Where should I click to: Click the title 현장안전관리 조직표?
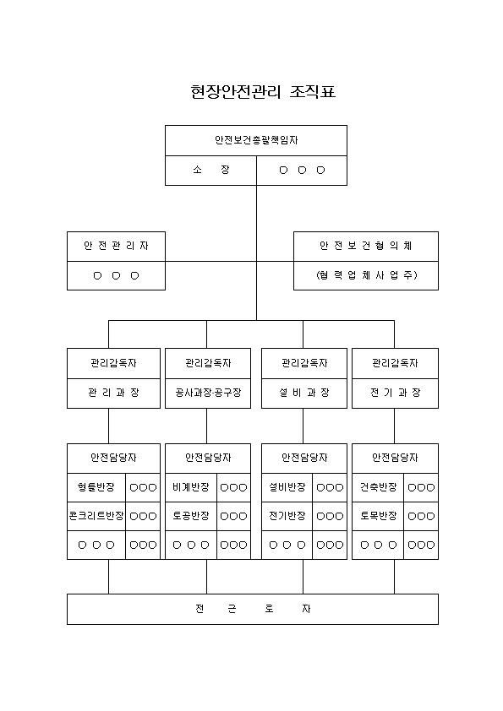tap(263, 92)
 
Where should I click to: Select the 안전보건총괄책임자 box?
tap(256, 140)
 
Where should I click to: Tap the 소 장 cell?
tap(210, 171)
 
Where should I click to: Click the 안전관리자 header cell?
tap(116, 247)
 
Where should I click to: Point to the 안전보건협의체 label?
tap(366, 246)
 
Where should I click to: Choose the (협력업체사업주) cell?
tap(366, 275)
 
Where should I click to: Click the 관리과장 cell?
tap(113, 393)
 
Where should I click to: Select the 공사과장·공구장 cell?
tap(208, 393)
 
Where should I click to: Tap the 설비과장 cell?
tap(304, 393)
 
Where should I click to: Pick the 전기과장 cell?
tap(395, 393)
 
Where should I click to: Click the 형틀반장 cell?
tap(96, 487)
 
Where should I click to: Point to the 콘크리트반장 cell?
tap(96, 516)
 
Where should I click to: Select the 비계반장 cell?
tap(191, 487)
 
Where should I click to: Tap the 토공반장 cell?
tap(191, 516)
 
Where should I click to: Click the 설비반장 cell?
tap(287, 487)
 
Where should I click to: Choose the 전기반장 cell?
tap(287, 516)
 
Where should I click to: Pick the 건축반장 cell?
tap(378, 487)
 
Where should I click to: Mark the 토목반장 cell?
tap(378, 516)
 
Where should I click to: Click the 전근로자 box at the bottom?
tap(253, 609)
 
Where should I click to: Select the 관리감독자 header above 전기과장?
tap(395, 364)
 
